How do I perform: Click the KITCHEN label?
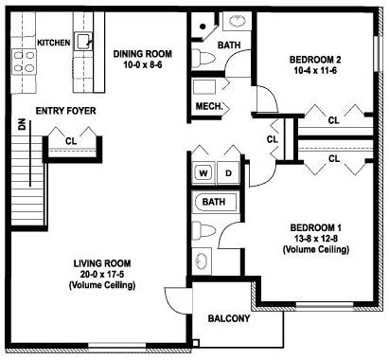pos(52,43)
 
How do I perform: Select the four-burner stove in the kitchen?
pos(25,62)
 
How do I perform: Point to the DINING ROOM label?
pos(143,54)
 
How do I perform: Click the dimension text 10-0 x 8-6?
pos(143,66)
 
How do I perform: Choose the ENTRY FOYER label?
pos(62,111)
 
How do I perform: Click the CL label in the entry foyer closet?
pos(72,141)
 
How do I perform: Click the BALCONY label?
pos(229,318)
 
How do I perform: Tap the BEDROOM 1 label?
pos(316,227)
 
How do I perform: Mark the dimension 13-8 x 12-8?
pos(316,239)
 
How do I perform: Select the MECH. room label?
pos(208,107)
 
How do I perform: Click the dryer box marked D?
pos(228,173)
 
